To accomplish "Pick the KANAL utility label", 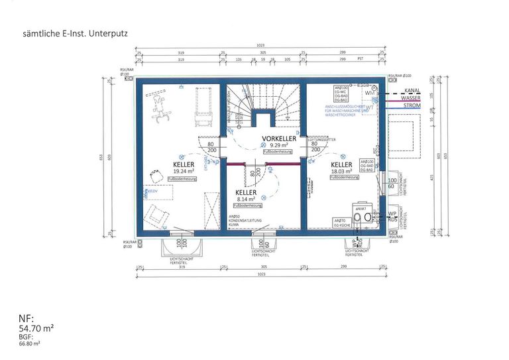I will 412,90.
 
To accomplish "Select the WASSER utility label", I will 411,97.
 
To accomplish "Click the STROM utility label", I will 412,105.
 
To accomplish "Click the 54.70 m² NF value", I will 36,328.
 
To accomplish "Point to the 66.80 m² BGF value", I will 30,343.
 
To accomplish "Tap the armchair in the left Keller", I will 158,214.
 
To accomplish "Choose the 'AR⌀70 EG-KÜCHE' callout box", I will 339,222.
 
